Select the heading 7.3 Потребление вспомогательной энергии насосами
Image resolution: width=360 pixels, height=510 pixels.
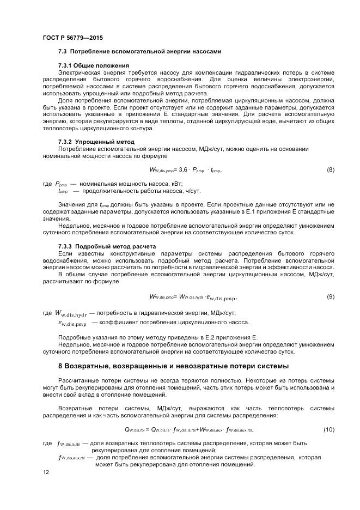pos(139,52)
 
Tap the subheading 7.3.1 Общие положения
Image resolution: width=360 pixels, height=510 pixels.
pos(93,66)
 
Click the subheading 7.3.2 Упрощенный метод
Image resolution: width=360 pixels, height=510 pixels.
pos(96,142)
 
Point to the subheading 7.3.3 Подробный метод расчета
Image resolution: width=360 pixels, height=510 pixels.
pos(107,246)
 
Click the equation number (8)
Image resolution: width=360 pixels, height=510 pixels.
pos(330,170)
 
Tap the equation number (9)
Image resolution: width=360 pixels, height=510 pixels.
pos(330,296)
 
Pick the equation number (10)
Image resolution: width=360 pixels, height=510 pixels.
pos(329,430)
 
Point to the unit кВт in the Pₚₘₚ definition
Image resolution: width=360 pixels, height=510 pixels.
pos(175,185)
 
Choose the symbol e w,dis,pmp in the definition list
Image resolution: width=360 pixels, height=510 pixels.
pos(72,323)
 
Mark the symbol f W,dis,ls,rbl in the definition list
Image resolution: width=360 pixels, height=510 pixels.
pos(69,444)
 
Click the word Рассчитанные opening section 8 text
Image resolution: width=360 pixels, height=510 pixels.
pos(80,379)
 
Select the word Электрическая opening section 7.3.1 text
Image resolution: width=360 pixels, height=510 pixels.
pos(80,72)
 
